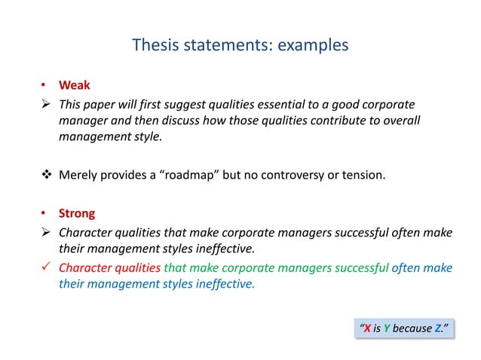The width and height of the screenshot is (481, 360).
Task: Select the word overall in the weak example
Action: (x=393, y=121)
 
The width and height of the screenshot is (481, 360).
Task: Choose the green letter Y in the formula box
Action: (x=387, y=328)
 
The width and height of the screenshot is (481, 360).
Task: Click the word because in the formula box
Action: (x=412, y=328)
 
